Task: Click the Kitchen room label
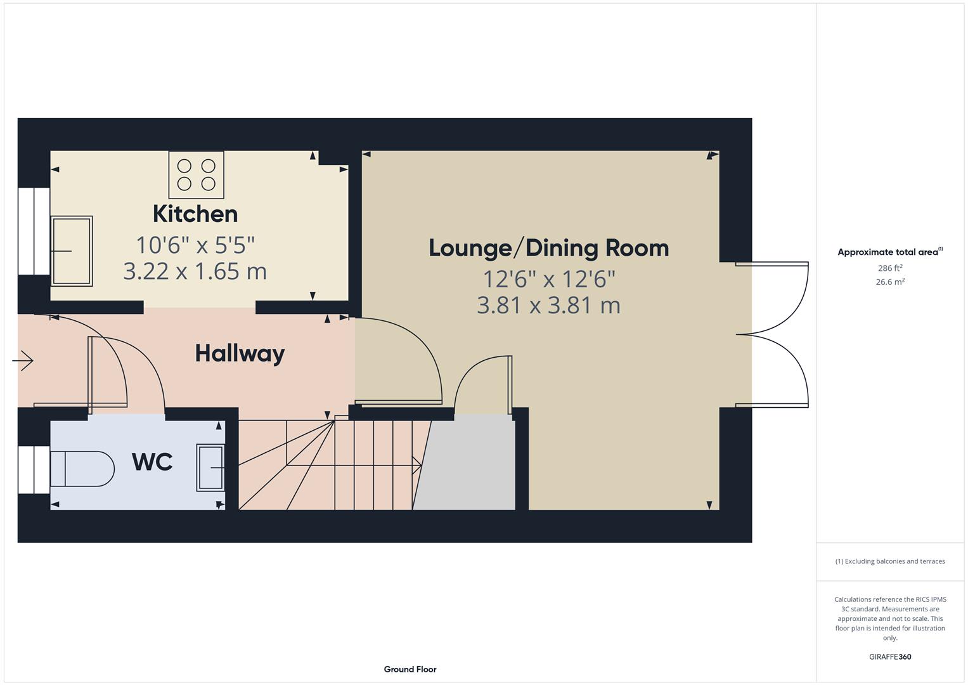pos(195,214)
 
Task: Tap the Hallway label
pos(240,353)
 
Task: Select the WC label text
pos(152,462)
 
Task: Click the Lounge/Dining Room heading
pos(548,248)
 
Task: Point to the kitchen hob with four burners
pos(196,174)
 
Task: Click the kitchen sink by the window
pos(72,251)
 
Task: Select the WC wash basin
pos(210,467)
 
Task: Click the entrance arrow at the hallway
pos(23,361)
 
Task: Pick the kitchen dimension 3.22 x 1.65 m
pos(195,271)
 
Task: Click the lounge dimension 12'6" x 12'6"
pos(548,278)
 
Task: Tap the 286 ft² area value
pos(890,268)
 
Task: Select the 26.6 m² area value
pos(890,282)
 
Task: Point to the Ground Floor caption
pos(410,669)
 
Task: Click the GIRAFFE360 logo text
pos(890,656)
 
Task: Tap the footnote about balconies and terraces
pos(890,561)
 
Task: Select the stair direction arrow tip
pos(420,466)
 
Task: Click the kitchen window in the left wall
pos(34,231)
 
